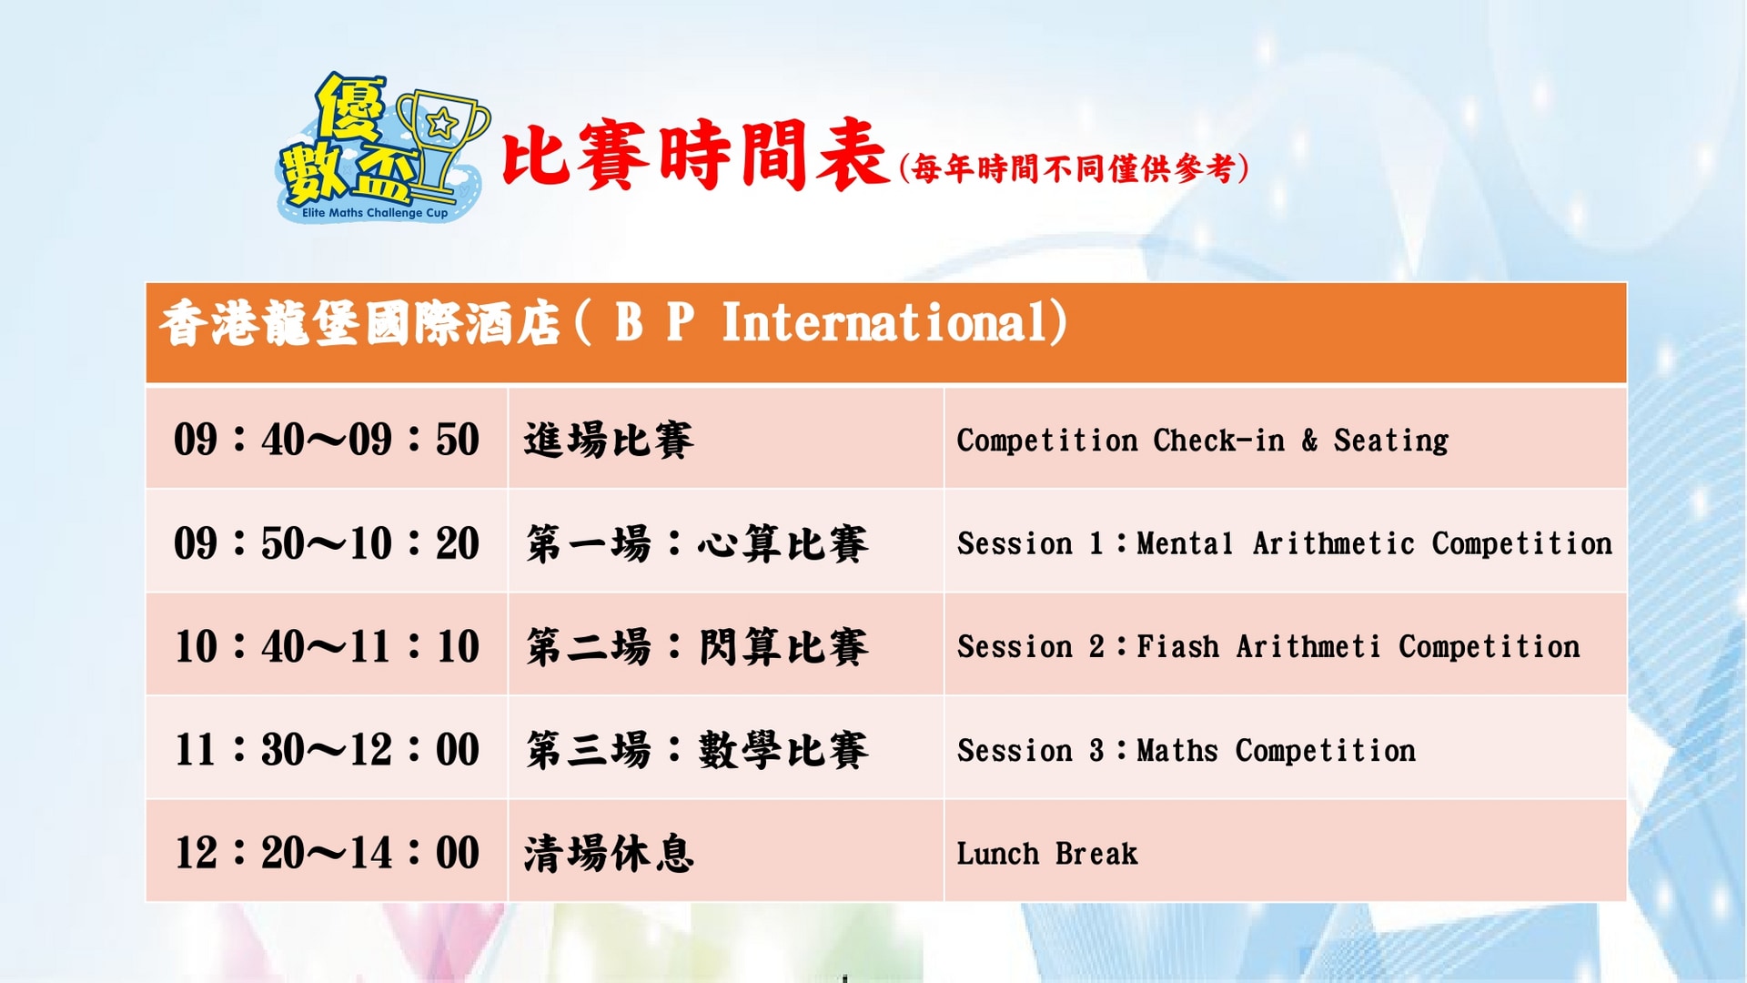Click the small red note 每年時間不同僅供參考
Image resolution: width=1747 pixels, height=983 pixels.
coord(1074,168)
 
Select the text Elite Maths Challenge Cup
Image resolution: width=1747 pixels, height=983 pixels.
coord(375,213)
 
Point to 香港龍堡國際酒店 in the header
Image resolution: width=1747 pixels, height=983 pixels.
coord(360,323)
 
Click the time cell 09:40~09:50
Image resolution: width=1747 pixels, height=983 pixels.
coord(327,440)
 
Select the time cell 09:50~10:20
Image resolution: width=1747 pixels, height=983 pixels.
coord(327,543)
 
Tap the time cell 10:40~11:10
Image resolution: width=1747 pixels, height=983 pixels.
coord(327,646)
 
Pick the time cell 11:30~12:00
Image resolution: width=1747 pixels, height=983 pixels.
coord(327,750)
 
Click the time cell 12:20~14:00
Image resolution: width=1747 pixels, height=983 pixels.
coord(327,853)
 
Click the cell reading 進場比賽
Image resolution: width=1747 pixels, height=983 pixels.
coord(609,441)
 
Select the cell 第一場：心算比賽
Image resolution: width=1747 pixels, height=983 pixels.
coord(697,543)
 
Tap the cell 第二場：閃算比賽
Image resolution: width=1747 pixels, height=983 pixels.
coord(697,647)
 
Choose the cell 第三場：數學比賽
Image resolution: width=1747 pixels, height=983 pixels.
coord(697,750)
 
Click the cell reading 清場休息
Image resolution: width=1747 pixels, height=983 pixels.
coord(609,854)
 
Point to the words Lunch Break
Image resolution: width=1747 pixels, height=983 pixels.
coord(1047,854)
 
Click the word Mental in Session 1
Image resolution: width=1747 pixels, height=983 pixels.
coord(1186,543)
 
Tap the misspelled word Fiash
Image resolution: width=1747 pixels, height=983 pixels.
coord(1178,646)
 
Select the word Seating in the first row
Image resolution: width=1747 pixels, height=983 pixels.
coord(1391,441)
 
